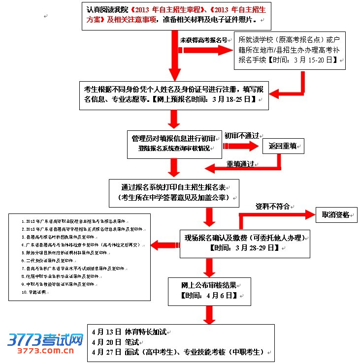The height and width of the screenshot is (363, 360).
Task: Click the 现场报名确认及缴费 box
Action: [x=244, y=243]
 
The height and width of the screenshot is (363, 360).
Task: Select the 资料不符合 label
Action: [x=272, y=207]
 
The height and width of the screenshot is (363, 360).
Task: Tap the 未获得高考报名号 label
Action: [x=203, y=40]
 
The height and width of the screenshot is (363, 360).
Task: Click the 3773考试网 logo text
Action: [x=45, y=339]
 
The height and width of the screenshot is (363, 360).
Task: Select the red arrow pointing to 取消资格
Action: [x=276, y=215]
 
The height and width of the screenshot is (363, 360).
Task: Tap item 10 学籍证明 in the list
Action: [x=34, y=292]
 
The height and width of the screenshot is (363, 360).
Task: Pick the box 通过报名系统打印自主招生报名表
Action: [x=174, y=192]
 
